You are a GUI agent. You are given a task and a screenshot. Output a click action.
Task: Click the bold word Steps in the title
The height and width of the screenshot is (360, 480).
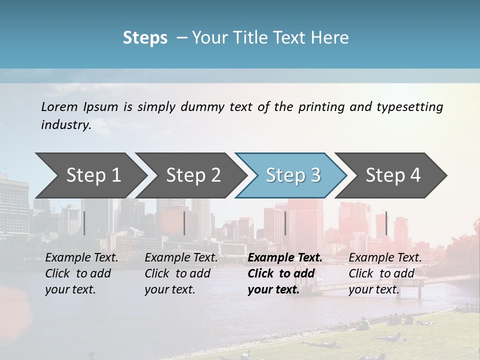(x=145, y=37)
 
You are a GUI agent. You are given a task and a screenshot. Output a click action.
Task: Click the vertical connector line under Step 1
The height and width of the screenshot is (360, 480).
(x=84, y=223)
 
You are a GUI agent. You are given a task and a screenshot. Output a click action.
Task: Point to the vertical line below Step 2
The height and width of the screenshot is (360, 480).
(x=184, y=223)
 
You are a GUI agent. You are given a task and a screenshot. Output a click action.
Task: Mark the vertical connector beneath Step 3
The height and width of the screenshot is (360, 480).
(x=285, y=223)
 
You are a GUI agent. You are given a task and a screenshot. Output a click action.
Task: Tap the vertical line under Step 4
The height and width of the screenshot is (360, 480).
(x=386, y=223)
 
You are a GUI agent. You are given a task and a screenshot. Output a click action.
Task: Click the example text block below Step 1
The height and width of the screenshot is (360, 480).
(x=81, y=273)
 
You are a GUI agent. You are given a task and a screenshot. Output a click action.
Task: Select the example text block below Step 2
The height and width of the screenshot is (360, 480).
(x=181, y=273)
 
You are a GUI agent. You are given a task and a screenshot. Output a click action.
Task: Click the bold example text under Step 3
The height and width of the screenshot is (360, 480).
(x=284, y=273)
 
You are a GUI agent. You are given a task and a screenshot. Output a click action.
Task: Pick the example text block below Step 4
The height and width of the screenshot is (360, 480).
(x=385, y=273)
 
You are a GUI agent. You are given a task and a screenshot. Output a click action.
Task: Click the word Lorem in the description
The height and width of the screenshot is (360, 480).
(x=59, y=106)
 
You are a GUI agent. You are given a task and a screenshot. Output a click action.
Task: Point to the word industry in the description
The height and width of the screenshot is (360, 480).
(x=65, y=125)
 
